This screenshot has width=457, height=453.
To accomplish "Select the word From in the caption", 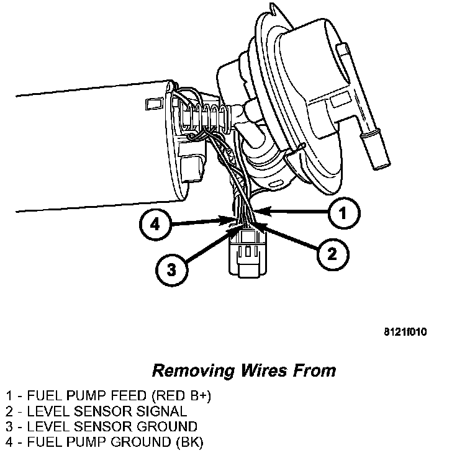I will click(315, 371).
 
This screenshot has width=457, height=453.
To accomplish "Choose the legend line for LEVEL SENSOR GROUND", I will click(102, 426).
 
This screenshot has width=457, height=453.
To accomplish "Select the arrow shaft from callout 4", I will click(199, 222).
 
